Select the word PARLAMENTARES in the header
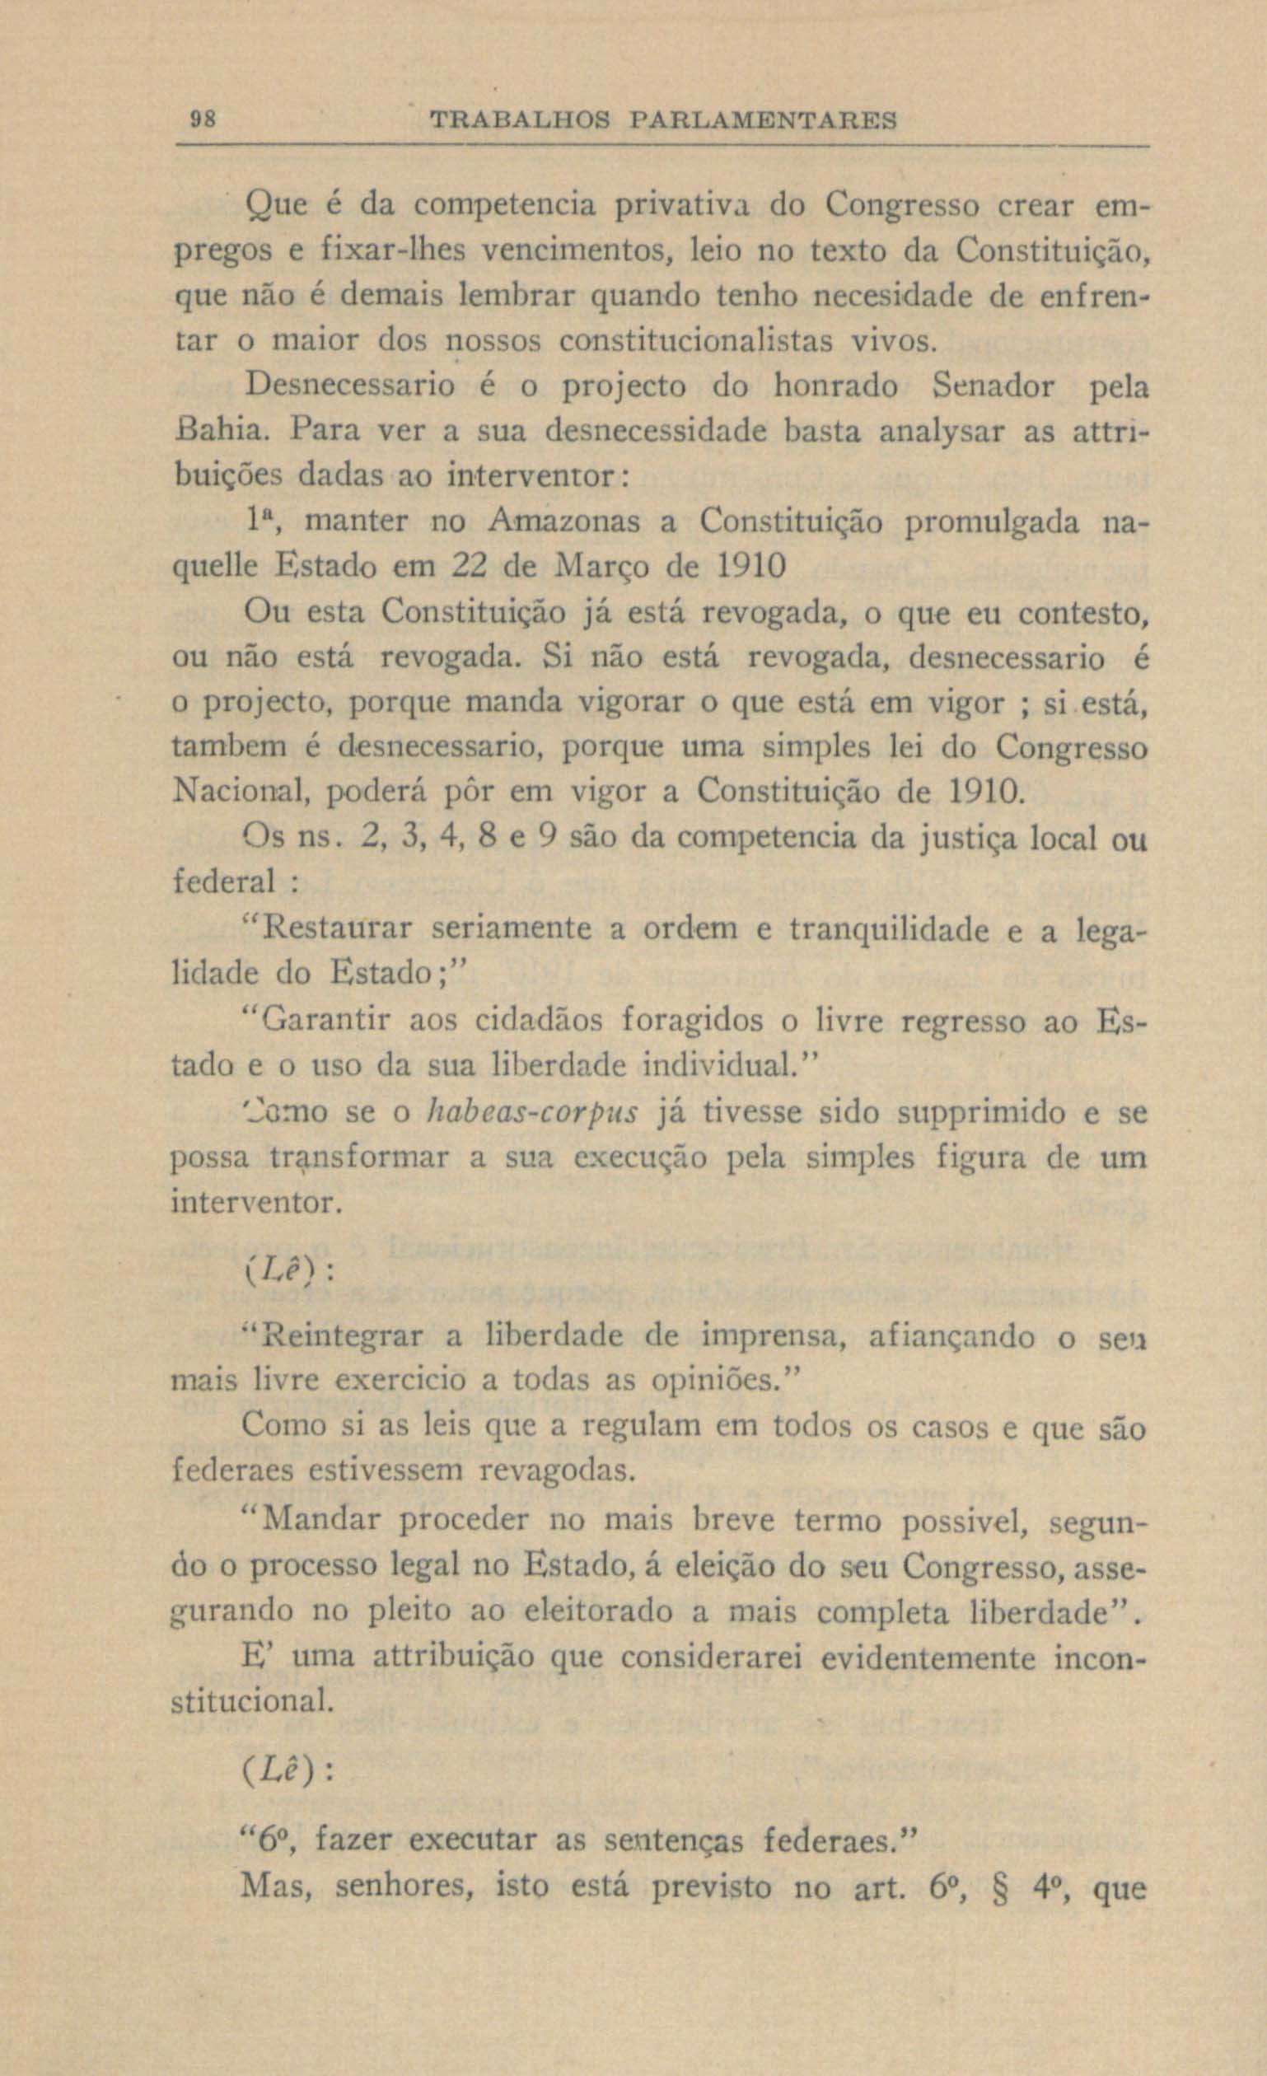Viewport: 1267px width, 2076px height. coord(762,120)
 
